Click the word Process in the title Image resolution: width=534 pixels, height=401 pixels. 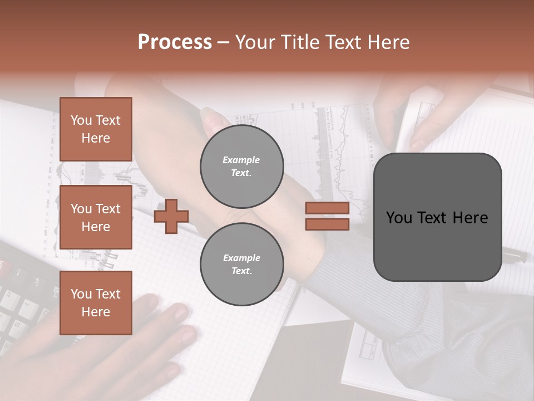pyautogui.click(x=175, y=42)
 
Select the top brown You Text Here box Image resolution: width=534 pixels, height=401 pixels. pyautogui.click(x=96, y=129)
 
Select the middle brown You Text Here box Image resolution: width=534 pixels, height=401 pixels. pyautogui.click(x=96, y=217)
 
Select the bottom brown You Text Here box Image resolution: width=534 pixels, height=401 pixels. pyautogui.click(x=96, y=302)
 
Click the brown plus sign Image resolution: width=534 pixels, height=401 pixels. pyautogui.click(x=171, y=217)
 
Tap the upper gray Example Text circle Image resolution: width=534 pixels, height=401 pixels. pyautogui.click(x=241, y=167)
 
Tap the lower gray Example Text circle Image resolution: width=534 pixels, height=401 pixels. pyautogui.click(x=241, y=265)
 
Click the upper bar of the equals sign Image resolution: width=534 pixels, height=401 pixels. pyautogui.click(x=327, y=208)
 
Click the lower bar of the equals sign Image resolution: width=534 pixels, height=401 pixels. pyautogui.click(x=327, y=224)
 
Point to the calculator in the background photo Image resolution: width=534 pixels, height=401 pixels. pyautogui.click(x=22, y=301)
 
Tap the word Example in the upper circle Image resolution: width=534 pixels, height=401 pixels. pyautogui.click(x=241, y=160)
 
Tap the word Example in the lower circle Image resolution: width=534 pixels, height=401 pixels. pyautogui.click(x=241, y=258)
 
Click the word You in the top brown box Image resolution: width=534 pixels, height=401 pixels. pyautogui.click(x=81, y=120)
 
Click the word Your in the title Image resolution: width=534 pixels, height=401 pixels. pyautogui.click(x=254, y=42)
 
